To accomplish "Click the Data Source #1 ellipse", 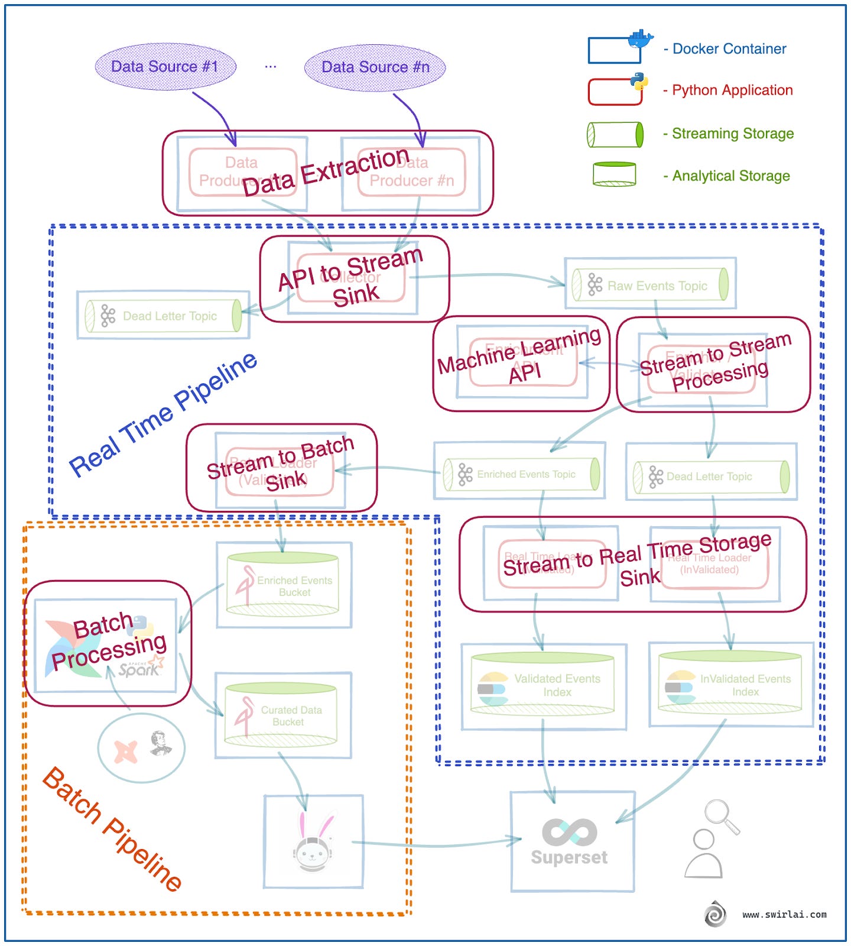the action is coord(165,66).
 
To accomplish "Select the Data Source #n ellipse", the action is coord(375,67).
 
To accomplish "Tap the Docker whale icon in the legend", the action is coord(641,39).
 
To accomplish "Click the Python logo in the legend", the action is coord(638,81).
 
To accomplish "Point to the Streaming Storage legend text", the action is coord(732,134).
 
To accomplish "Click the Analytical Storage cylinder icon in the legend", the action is coord(615,174).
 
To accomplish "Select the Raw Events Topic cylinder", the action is coord(649,285).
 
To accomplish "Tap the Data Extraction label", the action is coord(326,171).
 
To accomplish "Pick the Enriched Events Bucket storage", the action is coord(282,584).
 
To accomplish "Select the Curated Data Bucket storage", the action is coord(281,715).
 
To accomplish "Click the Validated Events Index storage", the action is coord(542,684).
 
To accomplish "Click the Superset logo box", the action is coord(571,841).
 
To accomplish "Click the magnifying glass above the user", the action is coord(722,816).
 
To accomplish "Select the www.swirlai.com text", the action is coord(784,914).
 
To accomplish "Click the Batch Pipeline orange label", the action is coord(112,828).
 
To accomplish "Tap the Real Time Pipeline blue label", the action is coord(163,414).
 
